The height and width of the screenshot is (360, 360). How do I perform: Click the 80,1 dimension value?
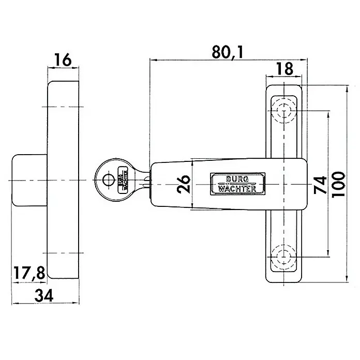point(227,52)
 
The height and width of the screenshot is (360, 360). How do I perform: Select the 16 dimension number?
point(63,60)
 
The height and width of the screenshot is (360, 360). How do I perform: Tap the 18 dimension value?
point(284,69)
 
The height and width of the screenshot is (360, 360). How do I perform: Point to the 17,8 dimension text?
point(29,273)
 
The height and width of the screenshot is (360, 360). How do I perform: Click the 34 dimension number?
point(44,295)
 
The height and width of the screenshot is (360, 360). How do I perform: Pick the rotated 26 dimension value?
point(184,184)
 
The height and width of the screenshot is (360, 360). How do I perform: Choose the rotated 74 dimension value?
point(320,185)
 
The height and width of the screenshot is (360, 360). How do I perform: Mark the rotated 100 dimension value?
point(338,184)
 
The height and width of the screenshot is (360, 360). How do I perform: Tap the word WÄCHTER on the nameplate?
point(237,189)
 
